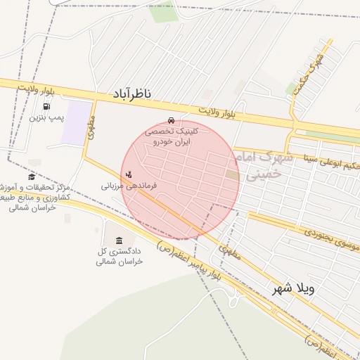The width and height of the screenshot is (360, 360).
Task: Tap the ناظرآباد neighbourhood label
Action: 131,94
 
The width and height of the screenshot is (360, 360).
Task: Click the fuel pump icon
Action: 46,106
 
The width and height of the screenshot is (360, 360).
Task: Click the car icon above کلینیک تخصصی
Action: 172,120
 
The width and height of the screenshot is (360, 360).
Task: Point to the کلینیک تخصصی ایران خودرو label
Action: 172,136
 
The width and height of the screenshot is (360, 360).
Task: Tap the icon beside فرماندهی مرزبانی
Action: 128,174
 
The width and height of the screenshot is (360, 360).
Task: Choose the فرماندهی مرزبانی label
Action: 128,186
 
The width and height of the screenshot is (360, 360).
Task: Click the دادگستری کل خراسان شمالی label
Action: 120,256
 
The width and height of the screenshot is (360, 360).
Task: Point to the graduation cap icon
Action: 32,176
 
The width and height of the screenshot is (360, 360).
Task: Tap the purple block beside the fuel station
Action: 77,124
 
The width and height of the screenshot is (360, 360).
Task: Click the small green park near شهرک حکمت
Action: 292,88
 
